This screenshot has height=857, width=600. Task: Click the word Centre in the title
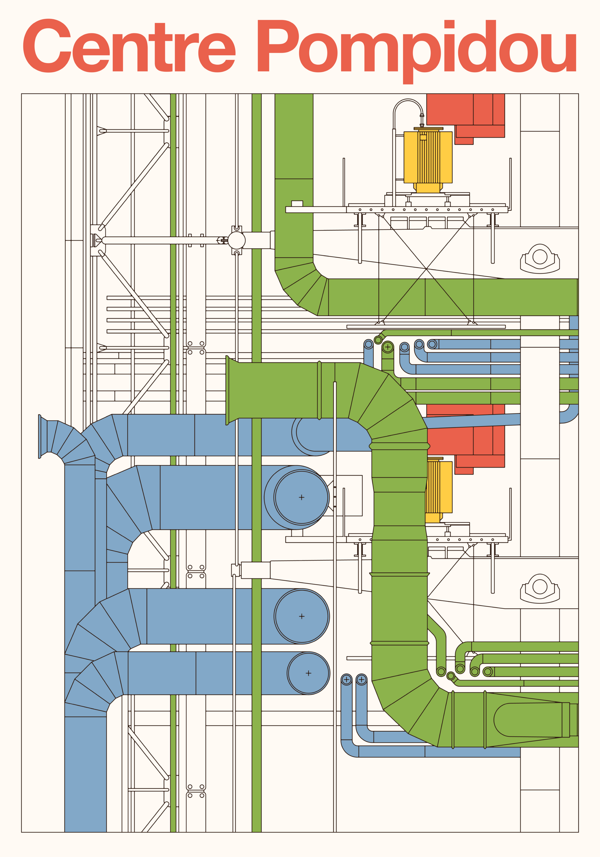click(129, 47)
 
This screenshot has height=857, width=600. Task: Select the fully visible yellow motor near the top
click(428, 159)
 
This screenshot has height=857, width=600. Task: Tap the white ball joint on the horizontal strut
click(236, 240)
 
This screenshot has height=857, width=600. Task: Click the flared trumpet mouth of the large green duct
click(232, 390)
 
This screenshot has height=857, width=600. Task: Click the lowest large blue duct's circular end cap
click(308, 673)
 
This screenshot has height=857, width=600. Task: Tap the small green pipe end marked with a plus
click(388, 347)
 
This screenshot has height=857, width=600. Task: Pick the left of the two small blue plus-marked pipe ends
click(346, 680)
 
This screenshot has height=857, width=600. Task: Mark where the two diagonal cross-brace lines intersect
click(426, 268)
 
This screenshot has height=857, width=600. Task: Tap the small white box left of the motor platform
click(297, 203)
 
